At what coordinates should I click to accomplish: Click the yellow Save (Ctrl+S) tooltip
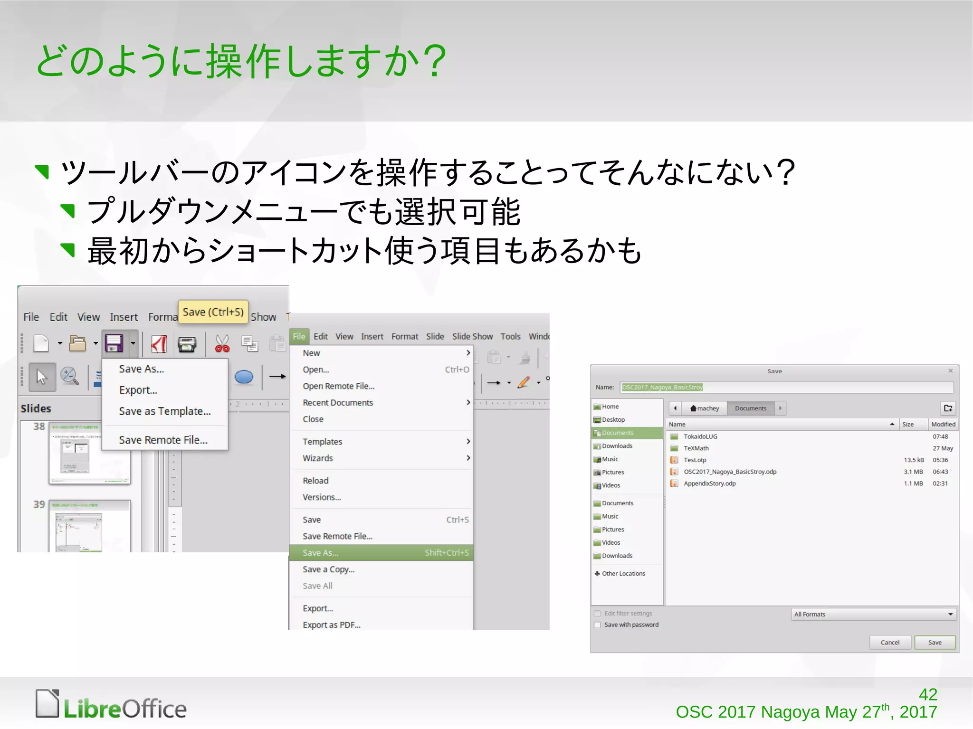[213, 312]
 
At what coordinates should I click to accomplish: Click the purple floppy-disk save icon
[114, 343]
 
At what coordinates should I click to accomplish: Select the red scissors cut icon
[222, 343]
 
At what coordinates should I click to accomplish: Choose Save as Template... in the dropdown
[164, 411]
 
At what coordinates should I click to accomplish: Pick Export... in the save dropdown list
[138, 390]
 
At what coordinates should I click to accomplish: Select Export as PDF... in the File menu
[332, 625]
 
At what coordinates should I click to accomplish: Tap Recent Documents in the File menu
[338, 403]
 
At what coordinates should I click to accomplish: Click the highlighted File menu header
[299, 336]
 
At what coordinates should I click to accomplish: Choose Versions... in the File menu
[322, 497]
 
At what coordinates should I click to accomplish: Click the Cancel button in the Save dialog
[890, 643]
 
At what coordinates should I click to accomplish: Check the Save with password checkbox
[598, 625]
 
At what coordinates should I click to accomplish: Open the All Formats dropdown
[873, 614]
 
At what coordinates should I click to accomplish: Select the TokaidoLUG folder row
[700, 436]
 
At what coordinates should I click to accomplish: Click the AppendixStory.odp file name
[709, 483]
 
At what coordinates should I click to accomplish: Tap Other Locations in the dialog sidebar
[623, 574]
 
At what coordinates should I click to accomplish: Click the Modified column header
[943, 424]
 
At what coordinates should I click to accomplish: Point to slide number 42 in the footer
[928, 694]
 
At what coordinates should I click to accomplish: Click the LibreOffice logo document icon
[48, 704]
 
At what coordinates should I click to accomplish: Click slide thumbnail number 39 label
[39, 504]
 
